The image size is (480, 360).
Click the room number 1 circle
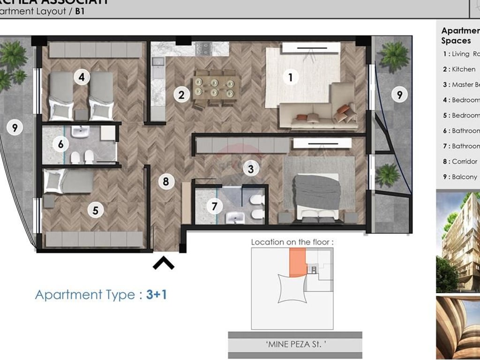tap(291, 77)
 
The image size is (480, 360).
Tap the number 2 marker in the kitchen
tap(181, 95)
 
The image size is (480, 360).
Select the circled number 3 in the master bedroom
tap(251, 169)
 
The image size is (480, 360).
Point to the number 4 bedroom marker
tap(82, 76)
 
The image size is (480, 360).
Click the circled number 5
tap(96, 210)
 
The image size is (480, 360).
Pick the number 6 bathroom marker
tap(60, 144)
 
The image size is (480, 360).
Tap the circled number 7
tap(214, 205)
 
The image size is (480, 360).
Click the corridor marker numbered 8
tap(165, 181)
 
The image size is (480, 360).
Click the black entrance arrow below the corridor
tap(164, 264)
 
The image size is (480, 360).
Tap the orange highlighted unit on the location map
tap(297, 262)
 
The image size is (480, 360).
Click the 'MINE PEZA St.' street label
tap(295, 344)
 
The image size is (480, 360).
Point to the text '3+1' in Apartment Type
tap(157, 295)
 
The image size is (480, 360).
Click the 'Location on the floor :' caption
tap(293, 242)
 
